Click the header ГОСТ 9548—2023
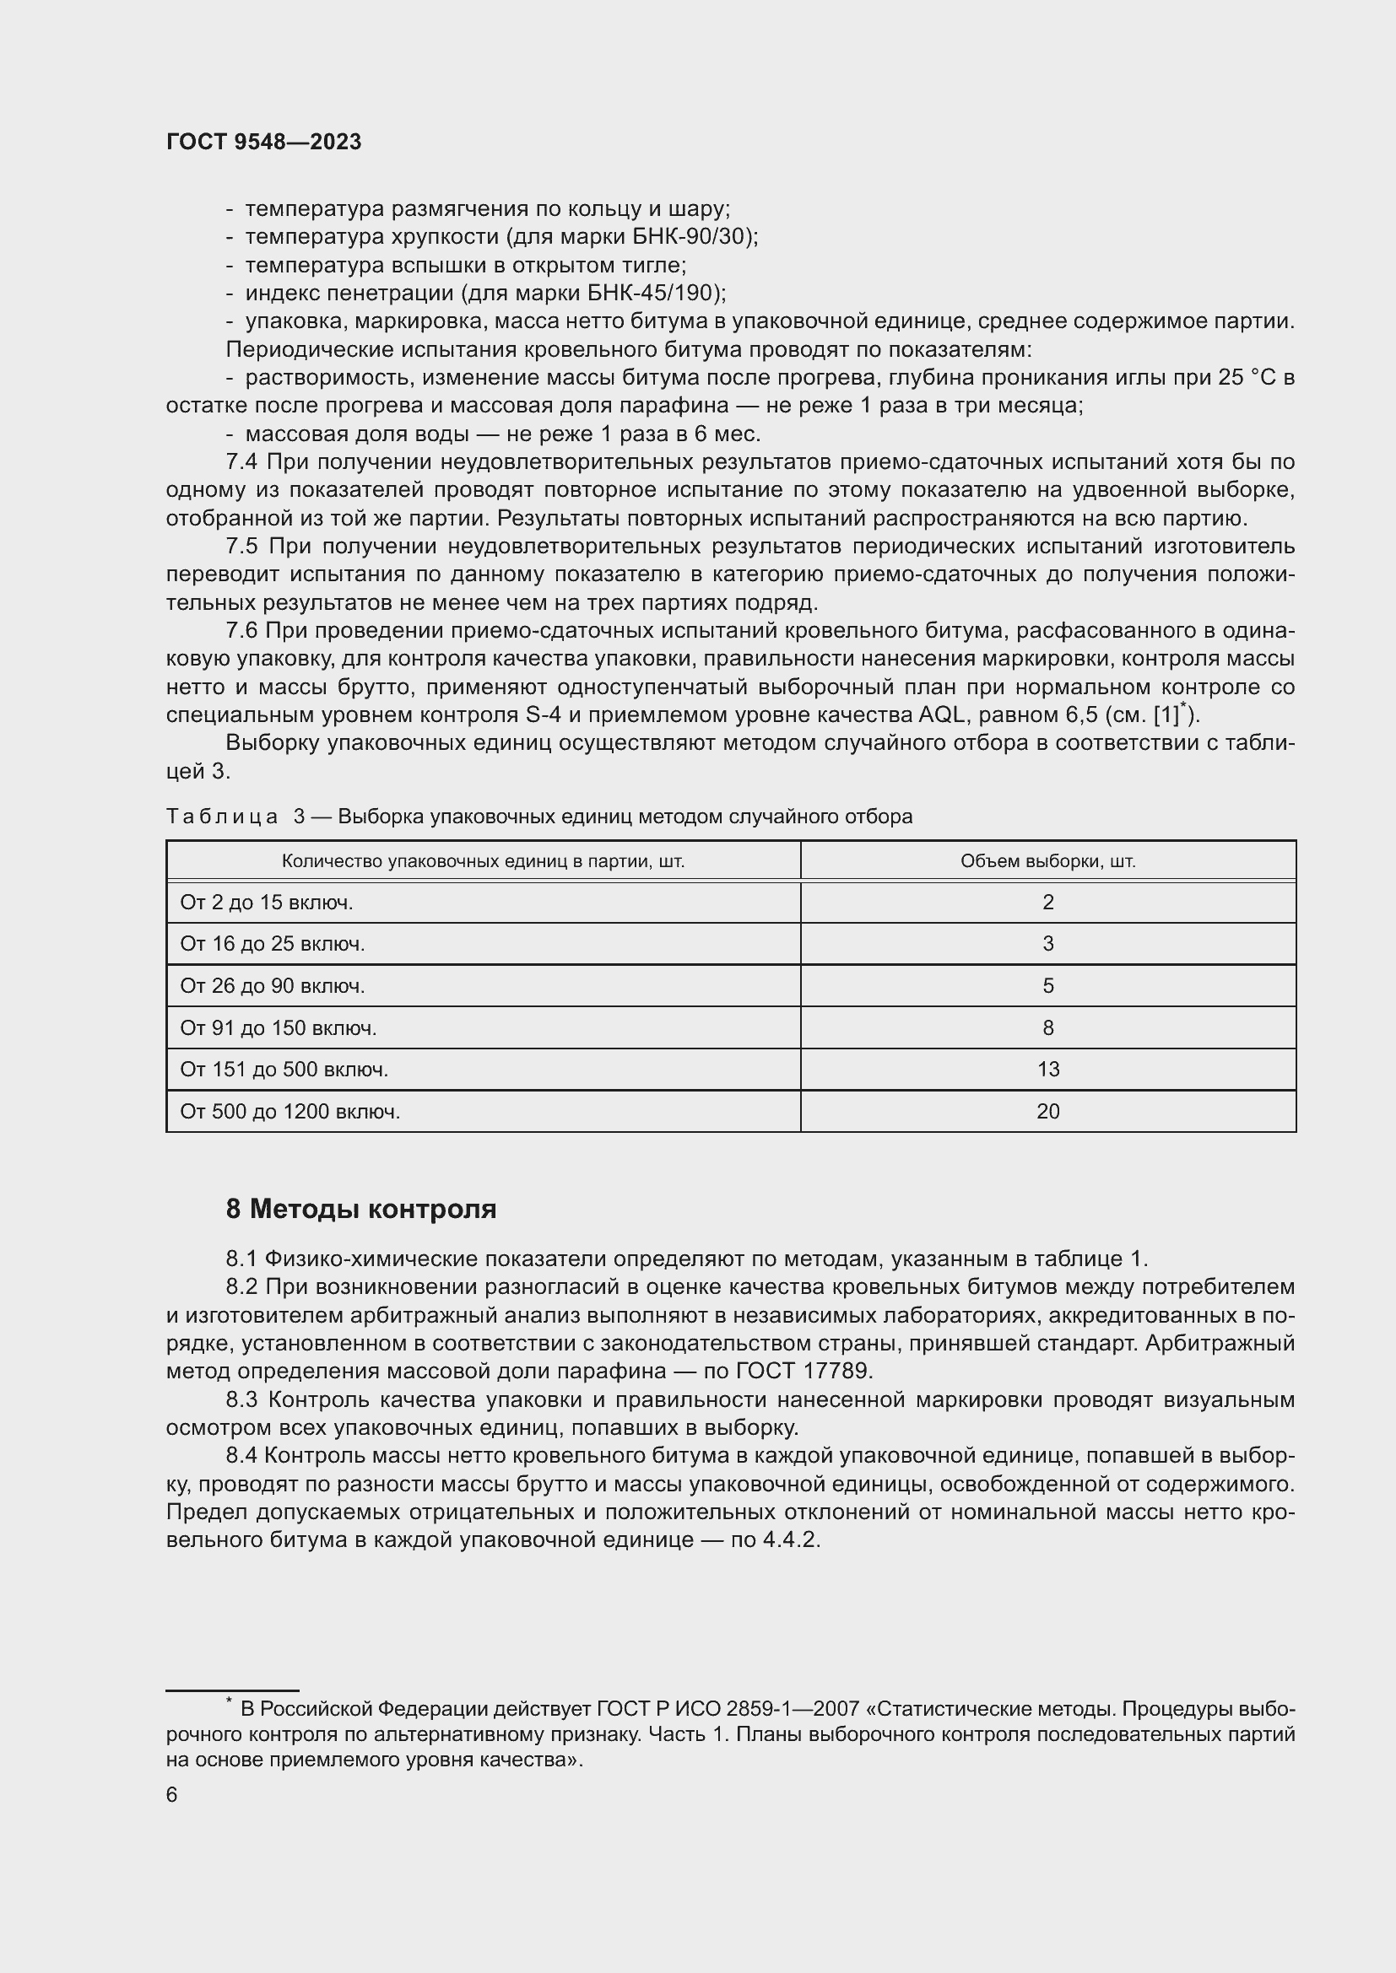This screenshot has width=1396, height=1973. click(263, 143)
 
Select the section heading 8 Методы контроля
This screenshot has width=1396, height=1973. click(361, 1209)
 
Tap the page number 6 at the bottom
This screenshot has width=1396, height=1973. click(172, 1795)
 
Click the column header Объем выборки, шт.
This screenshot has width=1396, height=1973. click(1048, 861)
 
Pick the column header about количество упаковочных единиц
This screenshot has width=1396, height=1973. click(483, 861)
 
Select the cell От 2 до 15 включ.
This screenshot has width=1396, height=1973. click(267, 903)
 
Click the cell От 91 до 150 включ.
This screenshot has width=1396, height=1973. click(278, 1027)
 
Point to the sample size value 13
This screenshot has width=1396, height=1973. click(1048, 1070)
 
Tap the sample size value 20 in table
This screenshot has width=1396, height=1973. click(1048, 1112)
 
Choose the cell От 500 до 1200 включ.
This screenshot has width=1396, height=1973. click(289, 1112)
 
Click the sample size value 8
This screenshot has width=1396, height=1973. click(1048, 1027)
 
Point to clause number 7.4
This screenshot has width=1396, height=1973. click(241, 462)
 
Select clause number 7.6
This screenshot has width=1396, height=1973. click(241, 631)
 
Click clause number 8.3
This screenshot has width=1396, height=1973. click(241, 1400)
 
